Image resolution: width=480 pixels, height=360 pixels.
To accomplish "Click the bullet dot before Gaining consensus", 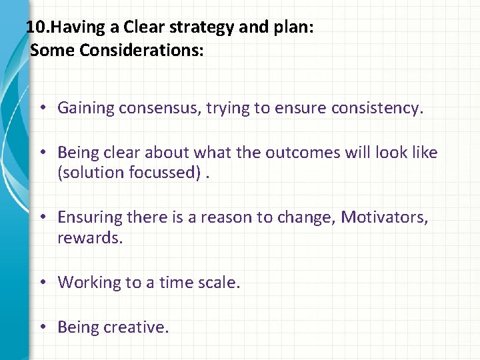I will click(x=42, y=108).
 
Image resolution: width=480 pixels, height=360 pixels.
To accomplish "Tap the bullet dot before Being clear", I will click(x=42, y=153).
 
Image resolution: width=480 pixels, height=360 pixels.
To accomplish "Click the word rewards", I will click(x=90, y=237).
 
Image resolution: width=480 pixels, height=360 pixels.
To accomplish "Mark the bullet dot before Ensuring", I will click(x=42, y=217).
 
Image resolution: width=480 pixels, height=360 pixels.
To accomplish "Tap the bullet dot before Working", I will click(x=42, y=283).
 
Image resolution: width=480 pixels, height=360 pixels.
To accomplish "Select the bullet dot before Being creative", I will click(x=42, y=327).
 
